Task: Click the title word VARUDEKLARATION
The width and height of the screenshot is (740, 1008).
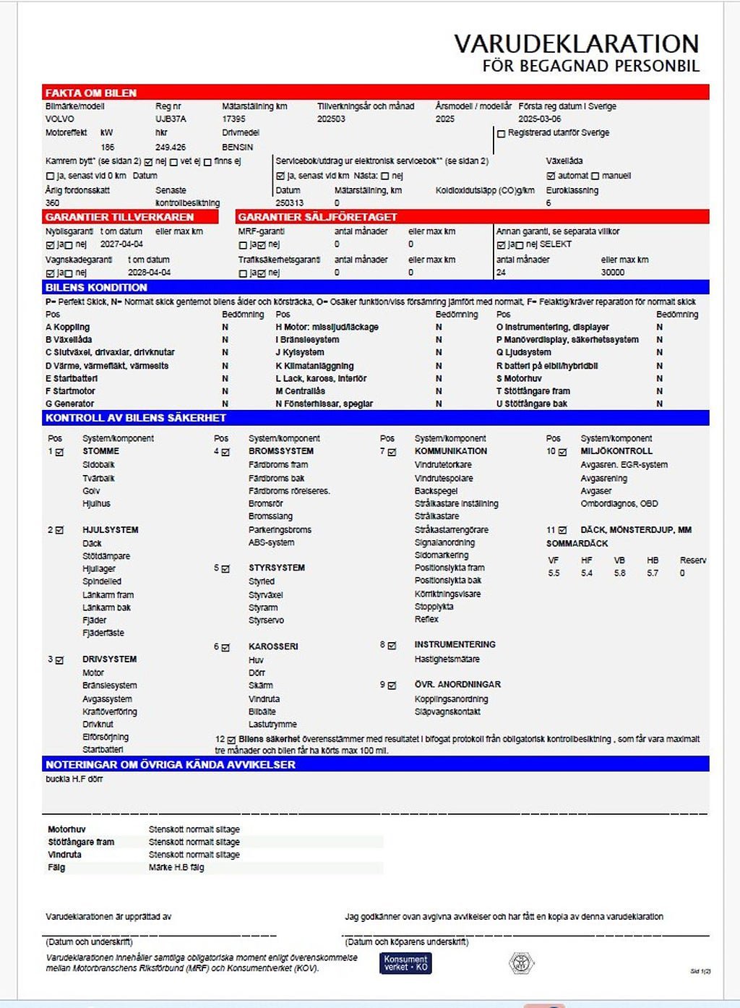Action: coord(576,43)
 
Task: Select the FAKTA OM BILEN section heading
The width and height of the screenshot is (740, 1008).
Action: coord(91,93)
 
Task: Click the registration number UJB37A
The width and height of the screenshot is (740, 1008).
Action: coord(171,119)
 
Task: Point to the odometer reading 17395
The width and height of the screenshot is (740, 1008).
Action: coord(233,119)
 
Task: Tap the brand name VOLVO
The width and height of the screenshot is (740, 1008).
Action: coord(60,119)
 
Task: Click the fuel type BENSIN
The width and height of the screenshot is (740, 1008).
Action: coord(238,147)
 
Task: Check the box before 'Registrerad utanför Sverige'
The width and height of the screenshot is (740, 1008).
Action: coord(501,134)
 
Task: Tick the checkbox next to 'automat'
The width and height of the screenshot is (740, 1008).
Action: coord(551,176)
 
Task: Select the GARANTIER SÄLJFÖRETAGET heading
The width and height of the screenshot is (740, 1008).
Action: coord(317,217)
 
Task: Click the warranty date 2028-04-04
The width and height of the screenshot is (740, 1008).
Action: coord(150,273)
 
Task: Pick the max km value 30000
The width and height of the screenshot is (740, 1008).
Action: coord(612,273)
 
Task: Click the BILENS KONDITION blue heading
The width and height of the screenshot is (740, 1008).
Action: coord(96,287)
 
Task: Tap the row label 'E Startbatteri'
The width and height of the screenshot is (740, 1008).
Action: coord(72,378)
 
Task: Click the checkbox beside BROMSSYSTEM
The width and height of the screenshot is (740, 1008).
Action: coord(225,452)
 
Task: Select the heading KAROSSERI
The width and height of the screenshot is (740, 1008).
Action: coord(273,646)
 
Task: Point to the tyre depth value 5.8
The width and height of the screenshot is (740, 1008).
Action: coord(619,573)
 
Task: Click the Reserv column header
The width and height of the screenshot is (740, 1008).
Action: coord(692,560)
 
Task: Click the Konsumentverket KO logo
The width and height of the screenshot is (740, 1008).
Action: coord(405,962)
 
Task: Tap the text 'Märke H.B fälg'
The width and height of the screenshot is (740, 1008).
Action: coord(176,867)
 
